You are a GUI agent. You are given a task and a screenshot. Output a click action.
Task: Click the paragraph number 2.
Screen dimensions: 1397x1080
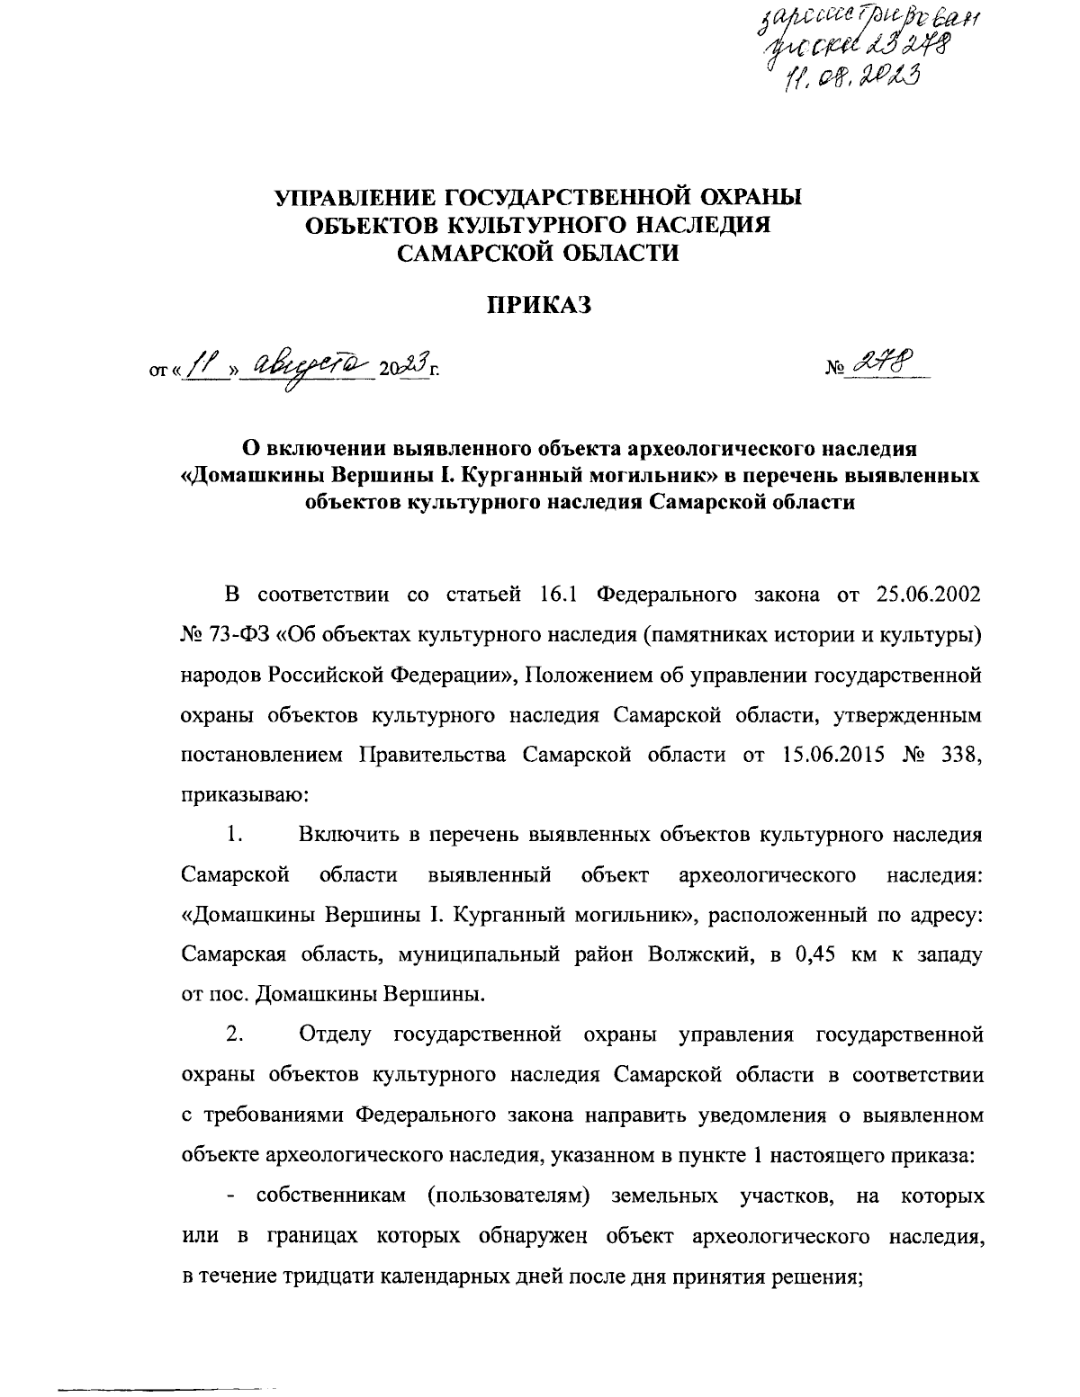236,1034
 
